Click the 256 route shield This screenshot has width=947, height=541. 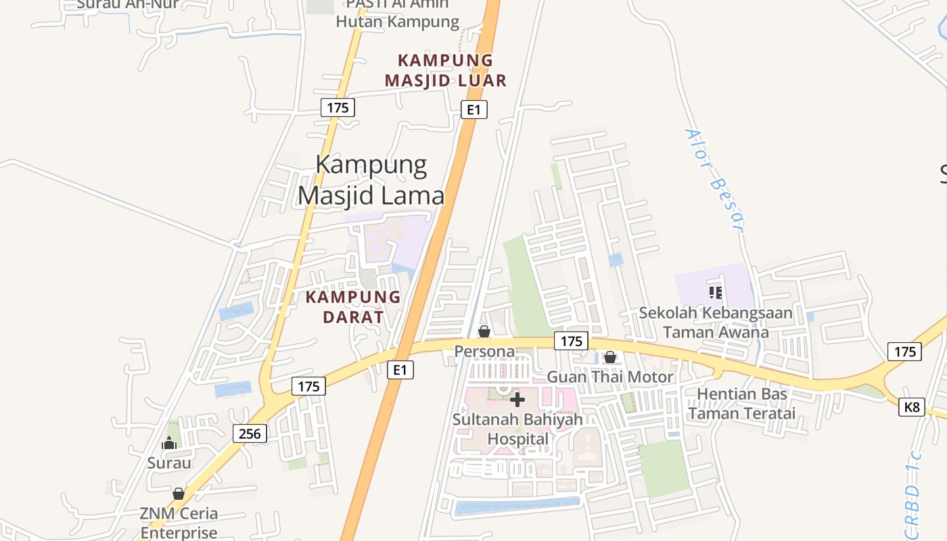[x=250, y=433]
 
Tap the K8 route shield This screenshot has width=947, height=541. [x=912, y=407]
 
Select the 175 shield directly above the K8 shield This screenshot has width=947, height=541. [x=904, y=351]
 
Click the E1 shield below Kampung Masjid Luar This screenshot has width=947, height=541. [x=474, y=110]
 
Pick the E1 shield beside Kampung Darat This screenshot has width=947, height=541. [x=400, y=369]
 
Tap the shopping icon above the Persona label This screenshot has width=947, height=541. [x=484, y=331]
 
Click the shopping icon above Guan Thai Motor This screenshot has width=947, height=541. [x=610, y=357]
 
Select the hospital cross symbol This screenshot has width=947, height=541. [x=517, y=400]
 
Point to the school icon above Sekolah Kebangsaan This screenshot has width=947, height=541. [x=716, y=292]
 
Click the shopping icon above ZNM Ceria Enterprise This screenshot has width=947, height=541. [x=179, y=494]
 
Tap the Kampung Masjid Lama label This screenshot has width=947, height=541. [x=371, y=180]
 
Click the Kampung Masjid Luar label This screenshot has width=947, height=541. [x=446, y=70]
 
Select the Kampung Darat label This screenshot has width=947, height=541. [x=353, y=306]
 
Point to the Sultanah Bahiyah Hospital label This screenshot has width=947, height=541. [x=517, y=429]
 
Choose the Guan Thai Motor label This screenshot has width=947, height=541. [x=610, y=377]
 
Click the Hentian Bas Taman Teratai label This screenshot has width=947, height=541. [x=742, y=403]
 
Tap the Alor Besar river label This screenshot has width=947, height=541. [x=714, y=180]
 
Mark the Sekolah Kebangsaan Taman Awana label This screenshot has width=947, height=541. [x=716, y=323]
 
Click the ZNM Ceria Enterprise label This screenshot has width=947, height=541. [x=179, y=523]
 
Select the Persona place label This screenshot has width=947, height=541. [x=484, y=352]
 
